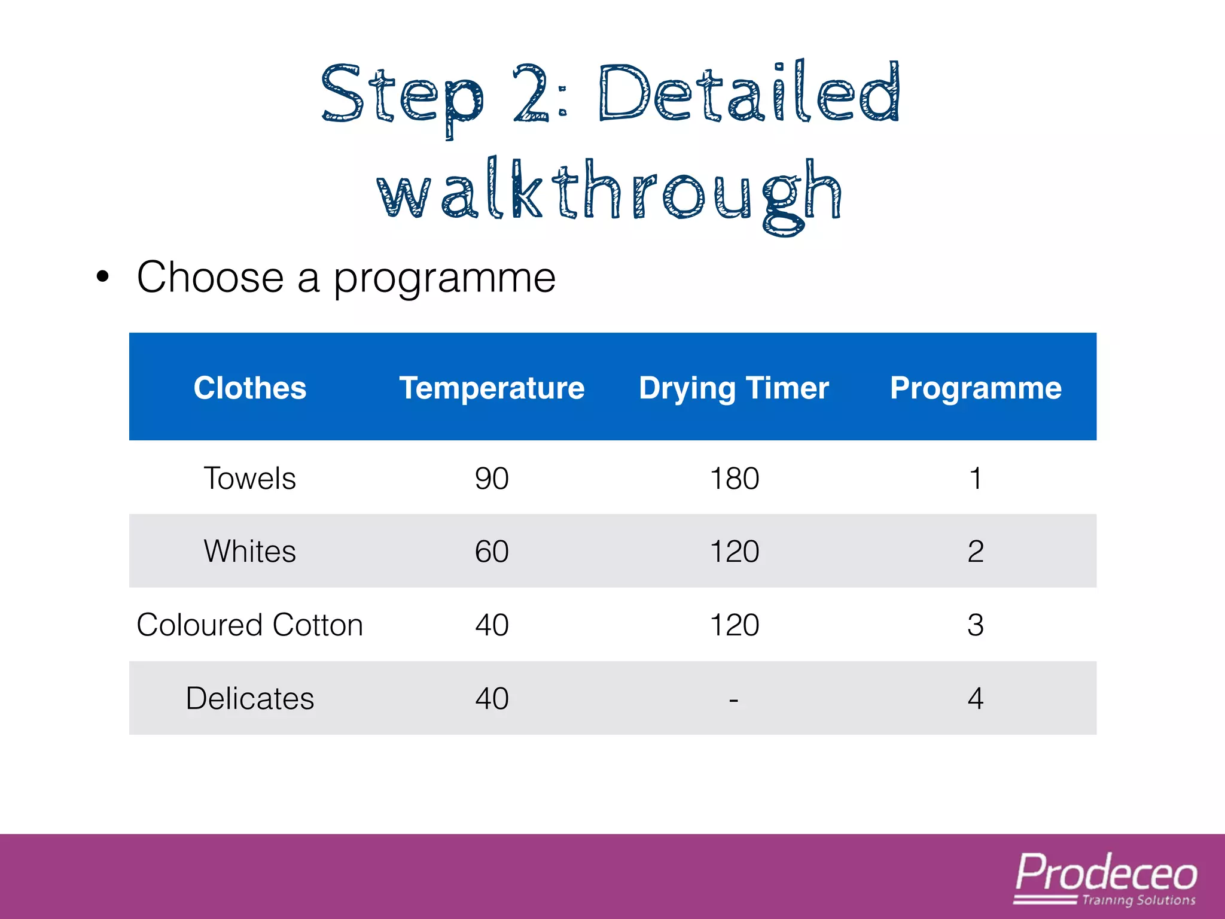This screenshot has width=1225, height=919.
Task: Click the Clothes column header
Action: (250, 388)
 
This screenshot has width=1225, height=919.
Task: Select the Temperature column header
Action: (492, 388)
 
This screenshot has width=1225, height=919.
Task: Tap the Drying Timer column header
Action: (734, 388)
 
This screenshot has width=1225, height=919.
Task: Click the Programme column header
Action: (976, 388)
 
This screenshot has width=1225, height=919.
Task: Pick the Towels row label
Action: (250, 478)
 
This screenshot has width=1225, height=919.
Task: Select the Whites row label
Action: (250, 551)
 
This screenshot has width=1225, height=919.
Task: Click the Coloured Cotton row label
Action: (250, 625)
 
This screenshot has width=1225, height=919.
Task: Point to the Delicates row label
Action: (250, 698)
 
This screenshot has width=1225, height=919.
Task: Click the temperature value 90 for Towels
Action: (492, 478)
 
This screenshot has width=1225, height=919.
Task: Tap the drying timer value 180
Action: (735, 478)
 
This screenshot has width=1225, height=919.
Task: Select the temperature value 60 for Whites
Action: (492, 551)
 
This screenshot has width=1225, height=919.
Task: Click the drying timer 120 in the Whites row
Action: (735, 551)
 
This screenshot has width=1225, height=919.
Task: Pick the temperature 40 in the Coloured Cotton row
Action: (492, 625)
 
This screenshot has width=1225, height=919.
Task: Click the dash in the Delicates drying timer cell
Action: (734, 699)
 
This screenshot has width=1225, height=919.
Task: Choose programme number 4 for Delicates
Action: (976, 698)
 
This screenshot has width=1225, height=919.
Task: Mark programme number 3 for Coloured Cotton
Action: (976, 625)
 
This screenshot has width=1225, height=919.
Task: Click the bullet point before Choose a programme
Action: (103, 277)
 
